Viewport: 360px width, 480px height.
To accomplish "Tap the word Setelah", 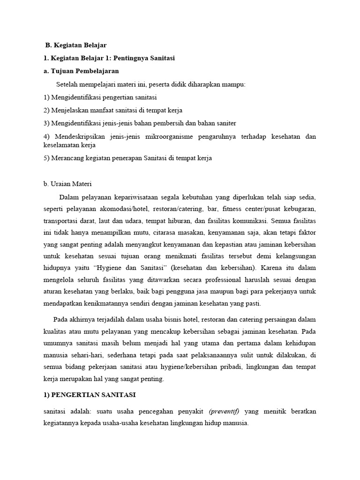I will point(68,84).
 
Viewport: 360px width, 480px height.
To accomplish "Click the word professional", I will point(208,280).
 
